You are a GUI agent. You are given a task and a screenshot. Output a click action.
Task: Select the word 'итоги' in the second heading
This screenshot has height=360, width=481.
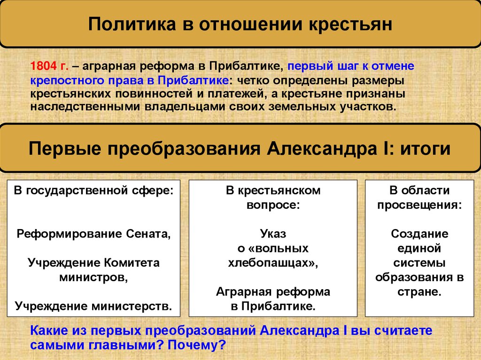point(425,149)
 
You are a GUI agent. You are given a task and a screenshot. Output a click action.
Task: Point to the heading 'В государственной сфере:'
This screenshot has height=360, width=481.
point(93,191)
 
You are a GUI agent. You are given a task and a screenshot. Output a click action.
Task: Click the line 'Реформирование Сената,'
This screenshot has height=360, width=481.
point(93,233)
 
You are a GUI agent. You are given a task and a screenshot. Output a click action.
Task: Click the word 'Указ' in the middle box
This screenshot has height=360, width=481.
point(272,233)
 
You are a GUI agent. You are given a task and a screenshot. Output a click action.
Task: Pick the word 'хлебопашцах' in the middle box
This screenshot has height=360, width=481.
point(271,263)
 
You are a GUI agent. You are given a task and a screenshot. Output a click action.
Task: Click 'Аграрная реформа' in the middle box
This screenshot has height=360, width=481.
point(272,291)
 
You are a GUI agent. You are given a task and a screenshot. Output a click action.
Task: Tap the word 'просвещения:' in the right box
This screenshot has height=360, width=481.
point(420,205)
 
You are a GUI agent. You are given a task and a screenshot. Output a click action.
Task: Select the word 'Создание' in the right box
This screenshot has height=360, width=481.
point(420,233)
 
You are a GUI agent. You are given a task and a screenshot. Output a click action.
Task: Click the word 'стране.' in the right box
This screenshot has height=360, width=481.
point(420,291)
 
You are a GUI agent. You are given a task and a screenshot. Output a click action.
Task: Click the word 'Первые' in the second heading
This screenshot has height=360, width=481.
point(62,149)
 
